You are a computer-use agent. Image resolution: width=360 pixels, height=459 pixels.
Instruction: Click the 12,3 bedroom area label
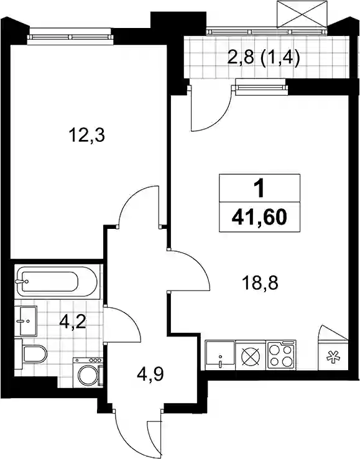[x=86, y=136]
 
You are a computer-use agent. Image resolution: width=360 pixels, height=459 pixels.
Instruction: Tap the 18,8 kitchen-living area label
[x=260, y=283]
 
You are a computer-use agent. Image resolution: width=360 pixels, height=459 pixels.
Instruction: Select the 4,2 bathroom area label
[x=72, y=322]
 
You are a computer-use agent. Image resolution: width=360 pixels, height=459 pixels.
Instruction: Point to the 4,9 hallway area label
[x=150, y=374]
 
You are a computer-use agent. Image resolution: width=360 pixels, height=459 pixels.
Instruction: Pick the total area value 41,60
[x=259, y=218]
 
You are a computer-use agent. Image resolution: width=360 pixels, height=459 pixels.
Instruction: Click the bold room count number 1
[x=259, y=188]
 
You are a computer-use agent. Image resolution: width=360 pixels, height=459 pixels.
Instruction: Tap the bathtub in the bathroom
[x=57, y=282]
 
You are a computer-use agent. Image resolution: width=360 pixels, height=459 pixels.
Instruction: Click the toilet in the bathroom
[x=32, y=354]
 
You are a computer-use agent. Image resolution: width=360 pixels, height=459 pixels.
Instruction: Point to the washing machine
[x=88, y=373]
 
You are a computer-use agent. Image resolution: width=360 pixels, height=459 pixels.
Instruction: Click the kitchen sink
[x=220, y=355]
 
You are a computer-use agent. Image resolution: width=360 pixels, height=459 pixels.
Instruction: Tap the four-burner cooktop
[x=281, y=355]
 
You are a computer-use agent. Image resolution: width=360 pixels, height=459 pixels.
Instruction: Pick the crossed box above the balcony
[x=302, y=14]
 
